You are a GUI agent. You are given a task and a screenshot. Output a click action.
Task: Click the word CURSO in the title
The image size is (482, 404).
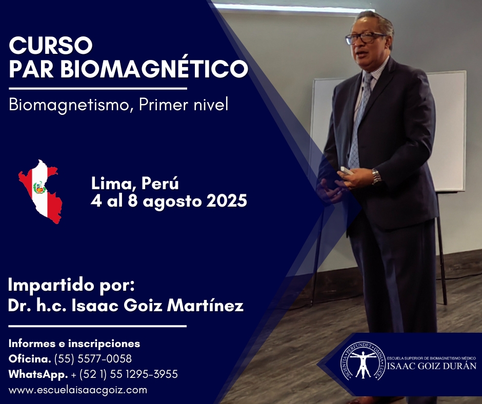coord(51,45)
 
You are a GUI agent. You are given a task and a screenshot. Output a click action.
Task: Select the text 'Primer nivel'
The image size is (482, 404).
coord(184,105)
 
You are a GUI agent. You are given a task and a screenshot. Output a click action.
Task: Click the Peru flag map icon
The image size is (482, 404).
coord(41,192)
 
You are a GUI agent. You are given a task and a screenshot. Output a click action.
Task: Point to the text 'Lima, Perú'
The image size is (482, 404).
coord(135,184)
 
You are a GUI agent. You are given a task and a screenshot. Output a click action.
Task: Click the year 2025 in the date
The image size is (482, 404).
coord(227,201)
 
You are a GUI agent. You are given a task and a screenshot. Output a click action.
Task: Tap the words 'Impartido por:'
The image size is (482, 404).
coord(71,286)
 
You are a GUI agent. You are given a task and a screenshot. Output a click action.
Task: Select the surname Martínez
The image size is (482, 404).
coord(205,306)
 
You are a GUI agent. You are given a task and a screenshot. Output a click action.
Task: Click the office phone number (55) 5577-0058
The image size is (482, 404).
coord(93,359)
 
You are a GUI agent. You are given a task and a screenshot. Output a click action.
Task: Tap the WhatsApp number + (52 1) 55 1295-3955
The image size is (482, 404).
coord(124,374)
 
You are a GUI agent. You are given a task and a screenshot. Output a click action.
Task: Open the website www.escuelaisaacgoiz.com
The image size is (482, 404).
coord(78,390)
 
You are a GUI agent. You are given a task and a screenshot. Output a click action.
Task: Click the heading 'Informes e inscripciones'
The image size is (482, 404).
coord(74,344)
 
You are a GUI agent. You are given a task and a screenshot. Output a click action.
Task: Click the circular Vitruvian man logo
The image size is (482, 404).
coord(363,361)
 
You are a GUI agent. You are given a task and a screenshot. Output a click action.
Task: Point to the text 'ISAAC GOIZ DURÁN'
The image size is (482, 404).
coord(432,366)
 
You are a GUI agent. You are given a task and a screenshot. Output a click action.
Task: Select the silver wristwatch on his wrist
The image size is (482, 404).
coord(376,176)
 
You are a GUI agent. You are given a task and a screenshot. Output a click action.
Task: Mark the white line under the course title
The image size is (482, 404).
coord(98,89)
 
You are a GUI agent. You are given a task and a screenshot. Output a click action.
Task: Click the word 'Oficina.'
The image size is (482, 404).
coord(30,359)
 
